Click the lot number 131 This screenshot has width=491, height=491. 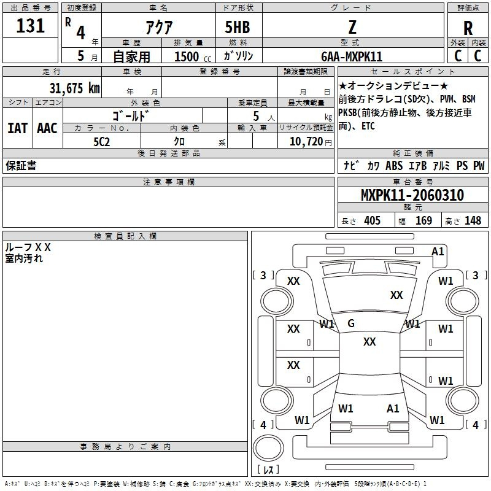pyautogui.click(x=30, y=26)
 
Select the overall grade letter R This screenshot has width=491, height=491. pyautogui.click(x=468, y=28)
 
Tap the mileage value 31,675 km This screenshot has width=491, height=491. pyautogui.click(x=74, y=88)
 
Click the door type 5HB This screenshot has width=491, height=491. pyautogui.click(x=238, y=27)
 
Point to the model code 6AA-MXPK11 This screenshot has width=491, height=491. pyautogui.click(x=352, y=56)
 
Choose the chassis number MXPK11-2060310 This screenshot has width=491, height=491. pyautogui.click(x=412, y=195)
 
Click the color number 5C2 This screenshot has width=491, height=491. pyautogui.click(x=102, y=142)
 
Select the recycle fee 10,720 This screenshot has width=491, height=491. pyautogui.click(x=306, y=142)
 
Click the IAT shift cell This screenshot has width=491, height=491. pyautogui.click(x=18, y=128)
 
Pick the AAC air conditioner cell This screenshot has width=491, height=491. pyautogui.click(x=47, y=128)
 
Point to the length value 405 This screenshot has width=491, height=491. pyautogui.click(x=373, y=220)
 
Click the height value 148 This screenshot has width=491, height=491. pyautogui.click(x=473, y=220)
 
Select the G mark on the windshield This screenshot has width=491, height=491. pyautogui.click(x=351, y=323)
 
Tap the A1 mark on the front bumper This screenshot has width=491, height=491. pyautogui.click(x=438, y=252)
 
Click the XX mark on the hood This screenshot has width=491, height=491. pyautogui.click(x=396, y=295)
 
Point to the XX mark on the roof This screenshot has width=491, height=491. pyautogui.click(x=369, y=342)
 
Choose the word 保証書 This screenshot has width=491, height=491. pyautogui.click(x=21, y=165)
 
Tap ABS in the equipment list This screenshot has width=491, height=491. pyautogui.click(x=394, y=166)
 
